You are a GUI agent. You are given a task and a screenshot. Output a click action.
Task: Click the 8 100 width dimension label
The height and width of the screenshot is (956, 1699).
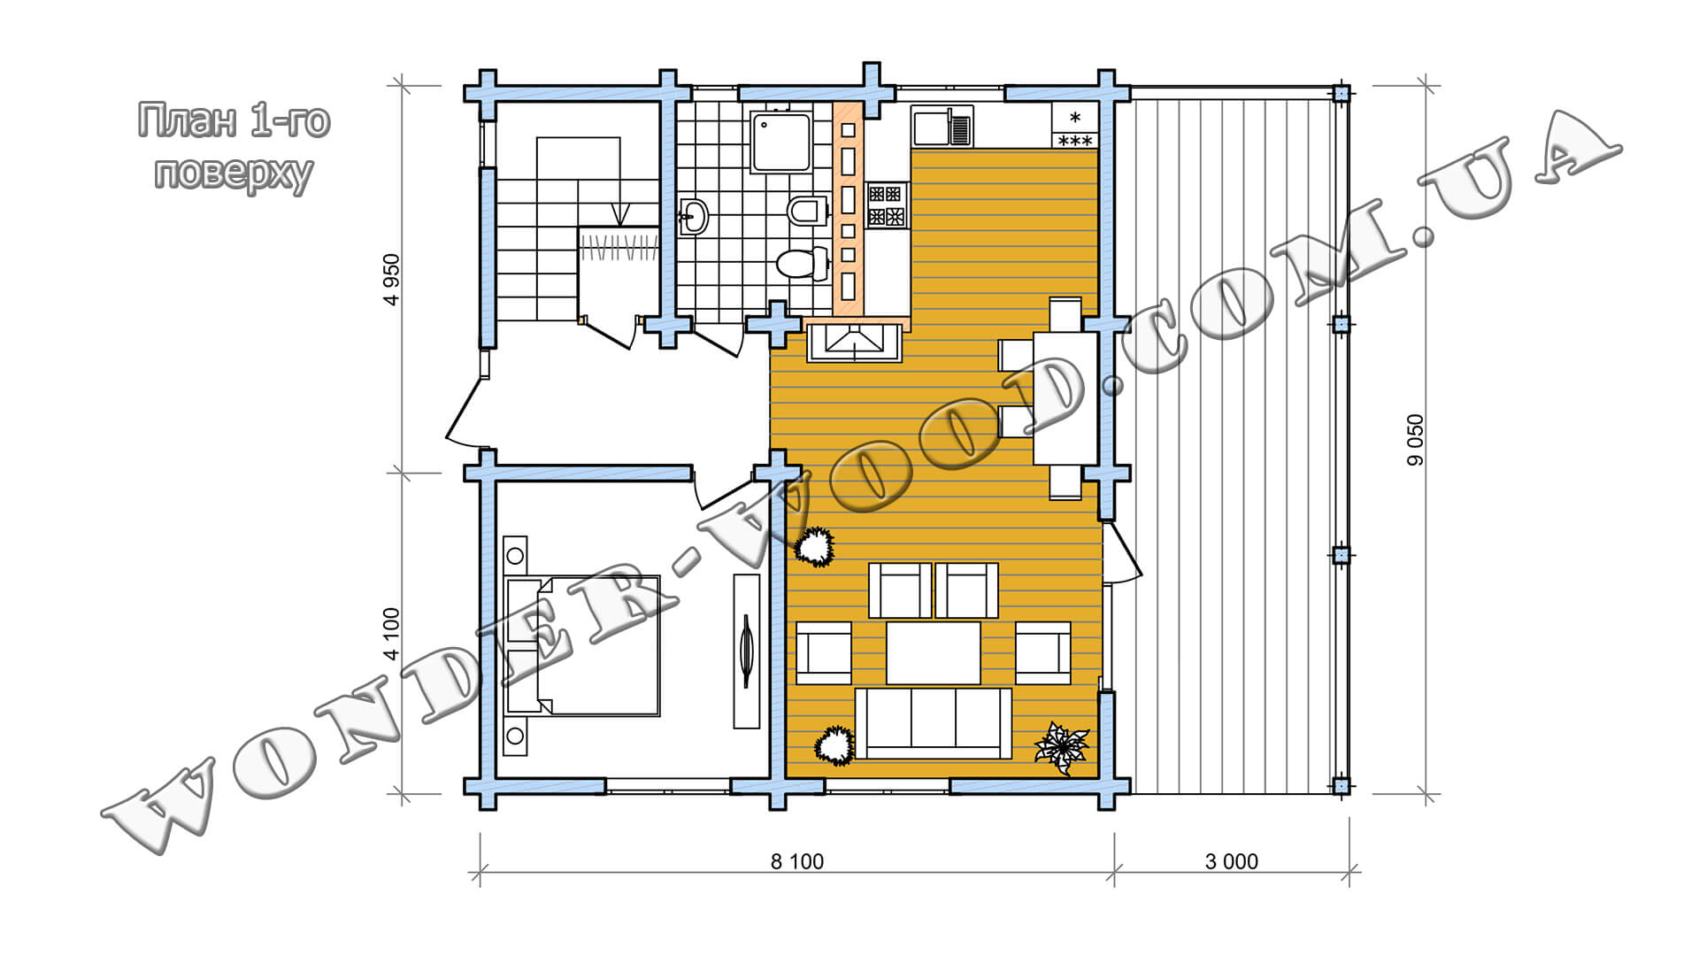click(x=796, y=861)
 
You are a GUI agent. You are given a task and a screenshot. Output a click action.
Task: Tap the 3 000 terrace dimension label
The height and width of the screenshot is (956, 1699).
click(x=1231, y=861)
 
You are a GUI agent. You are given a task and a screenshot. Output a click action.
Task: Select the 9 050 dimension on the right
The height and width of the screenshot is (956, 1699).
click(x=1416, y=440)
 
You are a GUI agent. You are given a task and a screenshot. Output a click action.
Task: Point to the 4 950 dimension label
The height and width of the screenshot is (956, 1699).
click(x=391, y=279)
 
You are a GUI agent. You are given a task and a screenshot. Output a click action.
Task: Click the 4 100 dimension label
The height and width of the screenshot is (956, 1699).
click(x=391, y=634)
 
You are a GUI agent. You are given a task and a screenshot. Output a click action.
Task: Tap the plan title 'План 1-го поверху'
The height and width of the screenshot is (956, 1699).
click(x=234, y=146)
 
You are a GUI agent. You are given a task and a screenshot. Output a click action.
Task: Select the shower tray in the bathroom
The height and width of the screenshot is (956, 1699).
click(x=781, y=141)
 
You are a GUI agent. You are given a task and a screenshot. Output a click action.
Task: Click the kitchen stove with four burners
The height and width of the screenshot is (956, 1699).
click(x=888, y=204)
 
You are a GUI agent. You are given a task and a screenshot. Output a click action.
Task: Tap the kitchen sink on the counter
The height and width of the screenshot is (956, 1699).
click(x=942, y=126)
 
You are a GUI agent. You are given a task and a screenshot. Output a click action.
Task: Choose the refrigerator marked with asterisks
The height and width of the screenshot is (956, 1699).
click(x=1075, y=126)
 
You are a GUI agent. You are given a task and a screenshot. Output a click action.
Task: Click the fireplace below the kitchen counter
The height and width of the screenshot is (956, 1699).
click(x=854, y=343)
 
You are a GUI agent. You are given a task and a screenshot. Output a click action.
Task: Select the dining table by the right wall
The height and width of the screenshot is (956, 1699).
click(x=1066, y=397)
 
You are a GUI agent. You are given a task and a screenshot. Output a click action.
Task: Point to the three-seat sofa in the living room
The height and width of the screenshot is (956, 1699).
click(x=934, y=723)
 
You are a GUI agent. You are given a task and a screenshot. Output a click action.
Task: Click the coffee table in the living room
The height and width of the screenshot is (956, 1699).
click(x=934, y=653)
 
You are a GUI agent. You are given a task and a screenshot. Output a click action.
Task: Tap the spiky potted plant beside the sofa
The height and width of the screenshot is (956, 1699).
click(x=1062, y=748)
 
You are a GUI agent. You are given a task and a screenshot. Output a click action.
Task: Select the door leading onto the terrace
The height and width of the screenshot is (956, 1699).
click(x=1122, y=553)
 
